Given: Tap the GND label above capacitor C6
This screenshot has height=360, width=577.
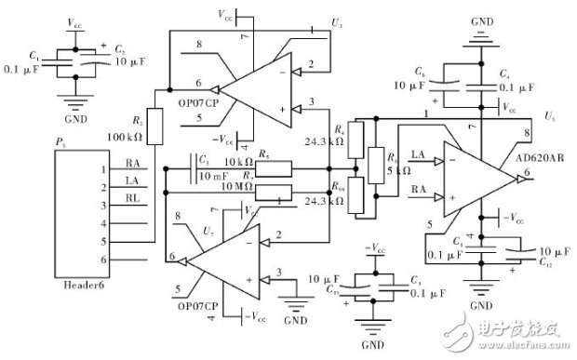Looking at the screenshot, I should click(x=480, y=20).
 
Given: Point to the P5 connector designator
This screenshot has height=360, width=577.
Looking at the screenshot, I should click(x=60, y=142).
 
